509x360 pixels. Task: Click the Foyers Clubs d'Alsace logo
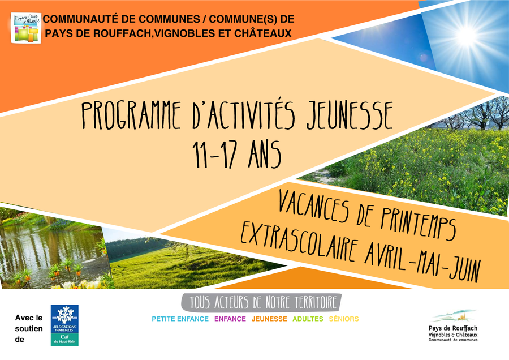pyautogui.click(x=26, y=28)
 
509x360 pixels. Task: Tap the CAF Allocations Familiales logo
pyautogui.click(x=64, y=325)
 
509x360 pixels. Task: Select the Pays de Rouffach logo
pyautogui.click(x=453, y=325)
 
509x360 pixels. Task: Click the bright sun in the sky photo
pyautogui.click(x=467, y=35)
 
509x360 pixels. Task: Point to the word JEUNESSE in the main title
pyautogui.click(x=350, y=115)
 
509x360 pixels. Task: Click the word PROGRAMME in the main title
pyautogui.click(x=131, y=115)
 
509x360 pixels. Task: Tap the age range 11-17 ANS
pyautogui.click(x=236, y=155)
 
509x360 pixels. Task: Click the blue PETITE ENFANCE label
pyautogui.click(x=180, y=319)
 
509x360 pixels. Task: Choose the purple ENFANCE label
pyautogui.click(x=230, y=319)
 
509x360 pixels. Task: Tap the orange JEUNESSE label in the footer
pyautogui.click(x=269, y=319)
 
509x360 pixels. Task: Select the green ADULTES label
pyautogui.click(x=308, y=319)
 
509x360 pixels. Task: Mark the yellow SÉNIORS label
pyautogui.click(x=344, y=319)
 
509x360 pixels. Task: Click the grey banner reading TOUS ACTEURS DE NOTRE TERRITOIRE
pyautogui.click(x=261, y=303)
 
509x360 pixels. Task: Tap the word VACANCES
pyautogui.click(x=313, y=206)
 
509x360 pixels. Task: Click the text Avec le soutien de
pyautogui.click(x=29, y=328)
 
